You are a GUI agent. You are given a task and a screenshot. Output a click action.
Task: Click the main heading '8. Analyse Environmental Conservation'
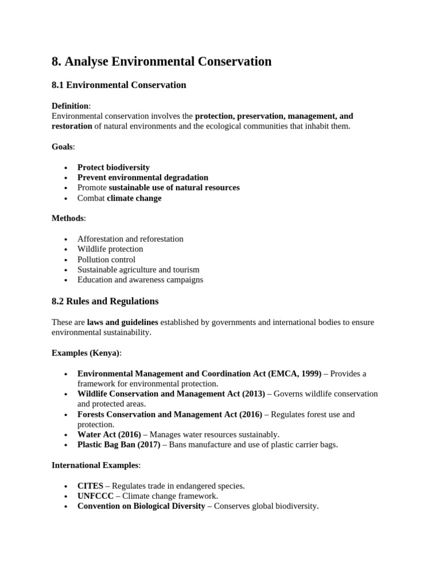[x=162, y=61]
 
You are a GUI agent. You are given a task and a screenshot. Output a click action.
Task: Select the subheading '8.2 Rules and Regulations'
[x=105, y=301]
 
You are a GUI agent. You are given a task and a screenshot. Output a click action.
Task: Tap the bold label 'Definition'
[x=70, y=106]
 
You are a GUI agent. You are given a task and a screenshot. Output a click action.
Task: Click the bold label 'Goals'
[x=62, y=147]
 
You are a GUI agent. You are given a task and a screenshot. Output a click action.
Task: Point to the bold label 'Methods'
[x=68, y=218]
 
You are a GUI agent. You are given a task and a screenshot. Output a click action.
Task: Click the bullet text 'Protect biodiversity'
[x=113, y=167]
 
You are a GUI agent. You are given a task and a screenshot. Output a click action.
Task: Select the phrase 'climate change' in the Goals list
[x=134, y=198]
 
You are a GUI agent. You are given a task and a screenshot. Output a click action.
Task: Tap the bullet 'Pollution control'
[x=106, y=259]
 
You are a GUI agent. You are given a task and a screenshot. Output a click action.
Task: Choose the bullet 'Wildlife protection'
[x=110, y=249]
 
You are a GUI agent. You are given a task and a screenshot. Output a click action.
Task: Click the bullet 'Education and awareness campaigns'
[x=140, y=280]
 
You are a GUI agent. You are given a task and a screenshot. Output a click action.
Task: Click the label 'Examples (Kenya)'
[x=86, y=353]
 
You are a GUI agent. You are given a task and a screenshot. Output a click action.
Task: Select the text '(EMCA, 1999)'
[x=297, y=374]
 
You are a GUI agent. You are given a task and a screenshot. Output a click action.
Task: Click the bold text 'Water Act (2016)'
[x=109, y=435]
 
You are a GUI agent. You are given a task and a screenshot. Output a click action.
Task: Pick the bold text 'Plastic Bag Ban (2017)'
[x=119, y=445]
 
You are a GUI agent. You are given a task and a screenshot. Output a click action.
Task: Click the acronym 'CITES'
[x=90, y=486]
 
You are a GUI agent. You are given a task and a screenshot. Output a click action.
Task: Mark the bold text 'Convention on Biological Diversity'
[x=141, y=507]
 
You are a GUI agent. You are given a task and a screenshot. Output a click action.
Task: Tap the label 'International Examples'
[x=95, y=466]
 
